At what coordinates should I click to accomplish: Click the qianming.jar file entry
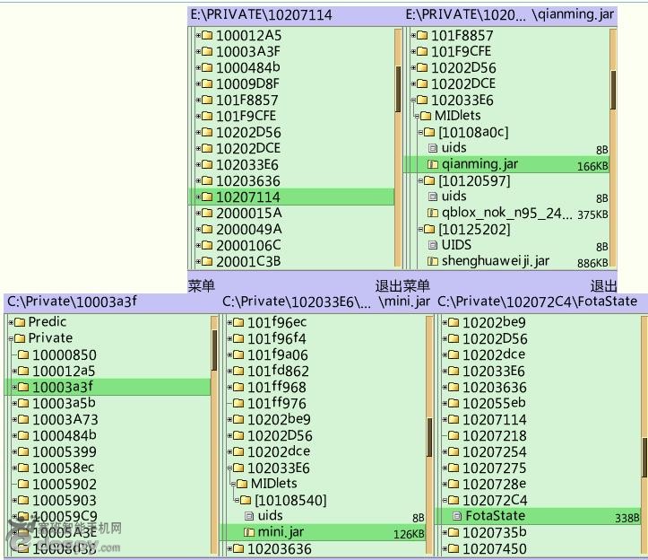(480, 164)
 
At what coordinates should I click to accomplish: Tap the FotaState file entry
(495, 516)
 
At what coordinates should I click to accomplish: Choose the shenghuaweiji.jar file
(495, 261)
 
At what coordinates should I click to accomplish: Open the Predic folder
(48, 322)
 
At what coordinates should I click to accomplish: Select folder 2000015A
(248, 213)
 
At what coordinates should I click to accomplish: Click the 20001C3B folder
(248, 261)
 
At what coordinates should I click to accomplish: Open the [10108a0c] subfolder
(473, 132)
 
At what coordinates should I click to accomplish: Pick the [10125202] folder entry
(473, 229)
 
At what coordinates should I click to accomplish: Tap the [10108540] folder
(290, 500)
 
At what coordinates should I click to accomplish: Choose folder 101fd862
(278, 371)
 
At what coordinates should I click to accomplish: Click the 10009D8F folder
(247, 83)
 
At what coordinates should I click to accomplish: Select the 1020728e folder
(494, 484)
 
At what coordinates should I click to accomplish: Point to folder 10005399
(64, 451)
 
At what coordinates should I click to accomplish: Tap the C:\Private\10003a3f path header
(72, 302)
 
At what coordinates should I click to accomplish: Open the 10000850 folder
(64, 354)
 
